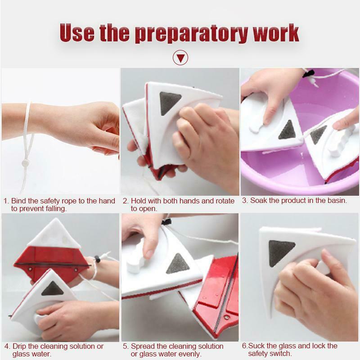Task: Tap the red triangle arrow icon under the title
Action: tap(180, 58)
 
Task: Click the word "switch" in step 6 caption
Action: tap(283, 354)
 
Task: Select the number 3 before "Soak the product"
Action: tap(244, 200)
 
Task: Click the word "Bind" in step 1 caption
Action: tap(18, 201)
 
